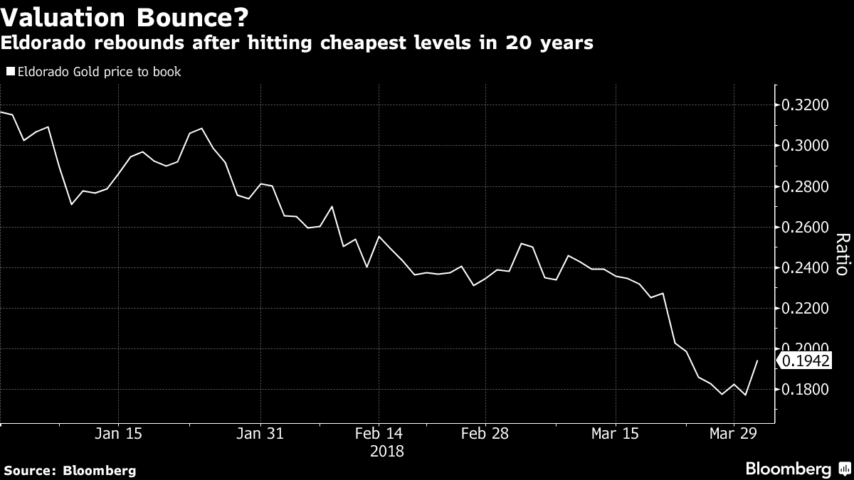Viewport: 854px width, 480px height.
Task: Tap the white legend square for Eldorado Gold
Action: point(10,72)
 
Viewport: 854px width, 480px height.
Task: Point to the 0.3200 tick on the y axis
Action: point(806,106)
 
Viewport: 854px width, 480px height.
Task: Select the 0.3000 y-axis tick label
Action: point(806,146)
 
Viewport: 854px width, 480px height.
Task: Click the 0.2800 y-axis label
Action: point(806,187)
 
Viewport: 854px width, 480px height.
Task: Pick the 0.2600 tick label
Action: point(806,228)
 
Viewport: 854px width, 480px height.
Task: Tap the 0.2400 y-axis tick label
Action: point(806,268)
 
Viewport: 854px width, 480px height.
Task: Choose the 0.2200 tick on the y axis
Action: point(806,309)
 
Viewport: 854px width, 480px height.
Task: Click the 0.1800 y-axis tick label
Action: point(806,390)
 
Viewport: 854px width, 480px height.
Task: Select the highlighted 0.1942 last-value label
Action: point(806,361)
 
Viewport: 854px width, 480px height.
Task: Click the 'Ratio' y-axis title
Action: point(840,255)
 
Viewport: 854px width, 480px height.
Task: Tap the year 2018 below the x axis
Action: point(387,451)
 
